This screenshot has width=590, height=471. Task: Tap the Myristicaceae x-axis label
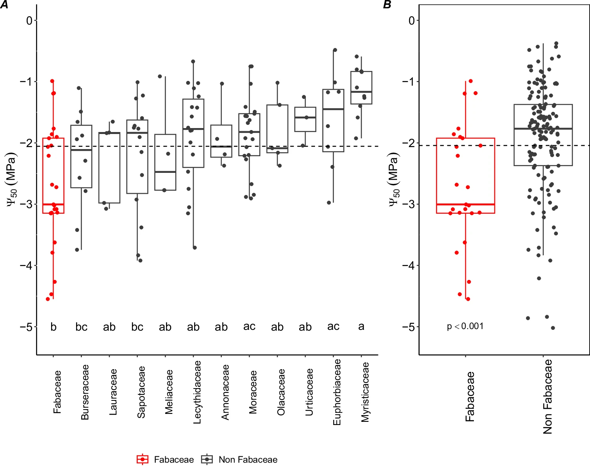365,392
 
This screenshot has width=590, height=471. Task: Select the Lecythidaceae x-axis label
197,392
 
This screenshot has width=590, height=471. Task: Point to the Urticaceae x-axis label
309,392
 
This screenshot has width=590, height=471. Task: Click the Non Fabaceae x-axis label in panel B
548,396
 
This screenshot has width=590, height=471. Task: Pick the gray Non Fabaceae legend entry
239,460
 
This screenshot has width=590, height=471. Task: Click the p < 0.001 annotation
465,326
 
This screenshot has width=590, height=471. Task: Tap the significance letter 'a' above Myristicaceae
361,327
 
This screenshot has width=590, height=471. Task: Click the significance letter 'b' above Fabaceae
53,327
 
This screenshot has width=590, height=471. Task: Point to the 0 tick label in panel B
412,20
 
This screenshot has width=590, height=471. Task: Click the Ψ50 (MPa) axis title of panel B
394,179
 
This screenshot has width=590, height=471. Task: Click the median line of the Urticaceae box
305,118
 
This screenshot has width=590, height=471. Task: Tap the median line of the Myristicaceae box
361,92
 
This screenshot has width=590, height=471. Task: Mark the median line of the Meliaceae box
165,172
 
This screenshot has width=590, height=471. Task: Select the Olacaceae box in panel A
277,127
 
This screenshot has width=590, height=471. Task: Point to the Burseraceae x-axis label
85,392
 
